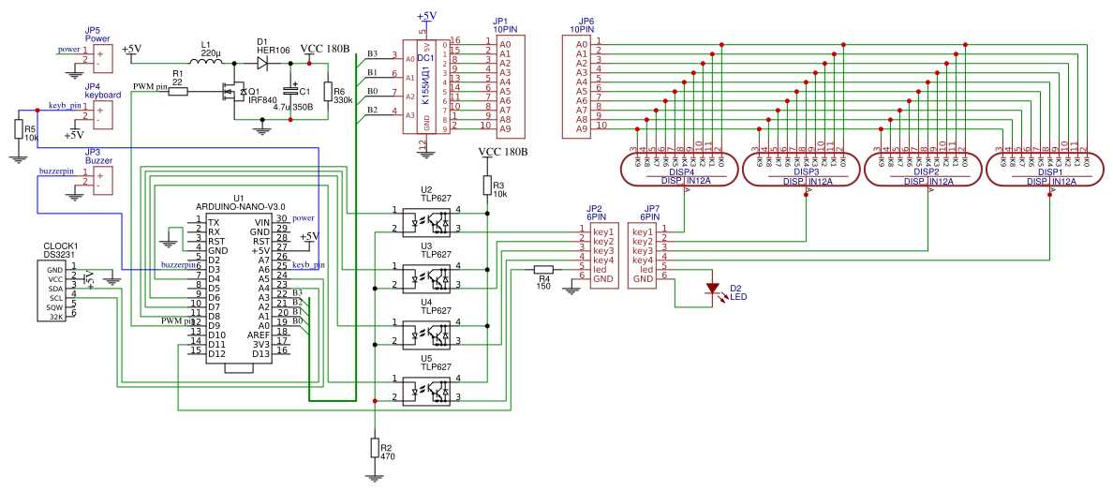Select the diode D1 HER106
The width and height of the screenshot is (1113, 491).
(x=262, y=63)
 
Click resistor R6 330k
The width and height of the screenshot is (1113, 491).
(x=327, y=92)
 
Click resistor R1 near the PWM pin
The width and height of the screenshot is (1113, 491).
(x=177, y=91)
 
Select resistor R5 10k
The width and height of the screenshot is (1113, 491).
(x=17, y=129)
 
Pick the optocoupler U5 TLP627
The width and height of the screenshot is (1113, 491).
(x=426, y=390)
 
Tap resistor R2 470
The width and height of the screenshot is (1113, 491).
(x=375, y=447)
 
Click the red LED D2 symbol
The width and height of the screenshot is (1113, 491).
(x=712, y=289)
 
